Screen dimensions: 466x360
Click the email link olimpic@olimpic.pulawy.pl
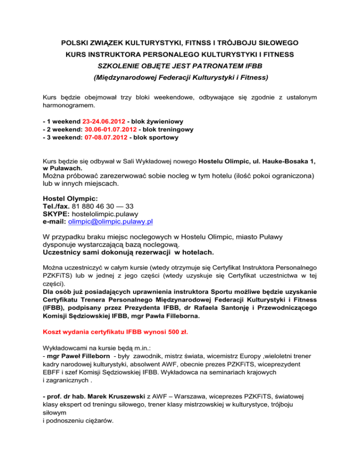click(111, 221)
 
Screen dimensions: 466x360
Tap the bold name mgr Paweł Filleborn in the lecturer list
click(74, 356)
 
